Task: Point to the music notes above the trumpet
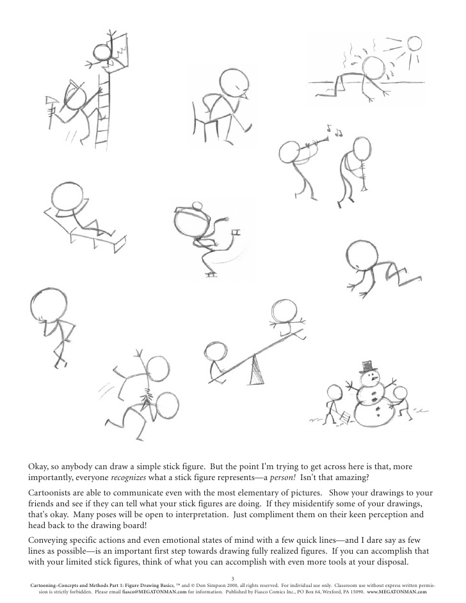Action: point(334,131)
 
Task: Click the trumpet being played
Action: point(317,143)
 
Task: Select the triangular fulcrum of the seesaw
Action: point(257,370)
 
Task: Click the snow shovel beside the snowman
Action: point(344,417)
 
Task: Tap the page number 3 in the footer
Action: point(233,578)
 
